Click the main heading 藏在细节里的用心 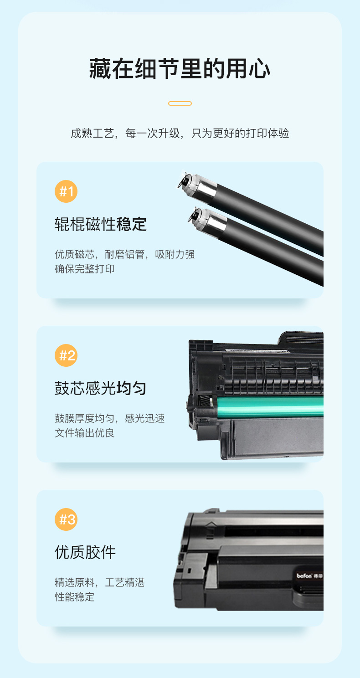(x=180, y=69)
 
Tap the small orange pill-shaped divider (x=180, y=103)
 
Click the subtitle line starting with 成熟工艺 (x=180, y=133)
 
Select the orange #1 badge (x=66, y=191)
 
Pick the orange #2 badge (x=66, y=355)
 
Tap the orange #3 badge (x=66, y=519)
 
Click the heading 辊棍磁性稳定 (x=101, y=224)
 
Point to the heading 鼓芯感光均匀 (x=101, y=388)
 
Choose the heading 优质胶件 (x=85, y=552)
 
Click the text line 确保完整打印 (x=85, y=269)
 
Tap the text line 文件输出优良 (x=85, y=433)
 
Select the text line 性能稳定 (x=75, y=597)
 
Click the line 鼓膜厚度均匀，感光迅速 (x=110, y=418)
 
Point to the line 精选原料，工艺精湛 (x=100, y=582)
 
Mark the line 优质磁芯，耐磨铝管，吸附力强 (x=125, y=254)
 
